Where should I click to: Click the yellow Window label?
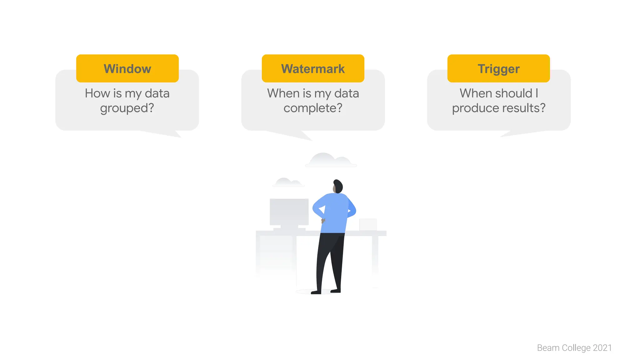(x=127, y=68)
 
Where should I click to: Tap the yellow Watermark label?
(x=313, y=68)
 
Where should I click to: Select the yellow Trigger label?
(x=498, y=68)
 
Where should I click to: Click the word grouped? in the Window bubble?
(x=127, y=108)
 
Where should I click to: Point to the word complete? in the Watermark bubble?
(x=313, y=108)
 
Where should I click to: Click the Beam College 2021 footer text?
(x=574, y=347)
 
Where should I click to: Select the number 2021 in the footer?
(x=602, y=347)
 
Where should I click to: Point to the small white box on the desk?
(x=368, y=224)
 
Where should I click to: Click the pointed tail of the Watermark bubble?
(x=305, y=136)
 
